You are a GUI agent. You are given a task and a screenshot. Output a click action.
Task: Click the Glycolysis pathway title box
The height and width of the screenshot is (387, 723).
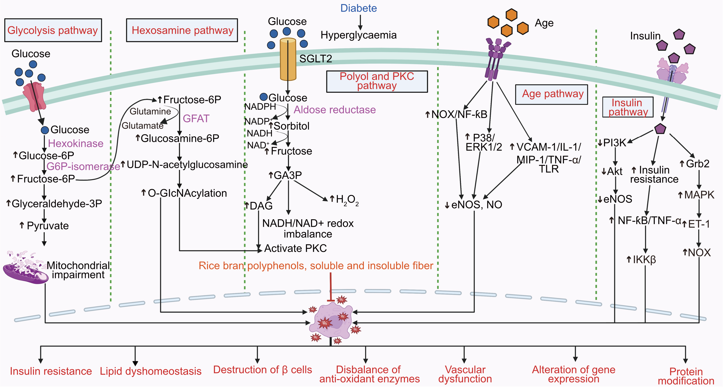click(53, 30)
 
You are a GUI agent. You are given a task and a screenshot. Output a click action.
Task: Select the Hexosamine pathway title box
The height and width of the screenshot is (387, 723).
click(182, 30)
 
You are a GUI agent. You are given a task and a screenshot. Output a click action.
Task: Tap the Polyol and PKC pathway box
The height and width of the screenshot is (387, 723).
click(377, 81)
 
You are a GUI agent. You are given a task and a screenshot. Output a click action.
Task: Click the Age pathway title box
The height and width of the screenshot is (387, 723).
click(552, 94)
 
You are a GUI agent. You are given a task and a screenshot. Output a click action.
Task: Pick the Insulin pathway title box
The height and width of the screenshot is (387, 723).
click(628, 107)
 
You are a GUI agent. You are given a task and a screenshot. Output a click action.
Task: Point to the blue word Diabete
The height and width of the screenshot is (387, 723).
click(359, 8)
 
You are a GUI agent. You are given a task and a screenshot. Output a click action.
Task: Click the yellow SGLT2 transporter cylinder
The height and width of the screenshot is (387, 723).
click(288, 59)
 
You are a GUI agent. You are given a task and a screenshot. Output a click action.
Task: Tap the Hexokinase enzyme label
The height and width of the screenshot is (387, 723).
click(75, 143)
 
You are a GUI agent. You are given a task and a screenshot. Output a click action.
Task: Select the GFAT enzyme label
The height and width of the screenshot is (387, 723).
click(196, 119)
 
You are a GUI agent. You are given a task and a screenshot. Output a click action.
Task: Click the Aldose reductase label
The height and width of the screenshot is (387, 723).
click(335, 110)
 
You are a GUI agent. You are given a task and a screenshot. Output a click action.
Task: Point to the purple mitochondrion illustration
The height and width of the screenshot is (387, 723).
click(25, 269)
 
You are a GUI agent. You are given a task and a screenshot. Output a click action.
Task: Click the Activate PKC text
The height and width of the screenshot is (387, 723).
click(295, 248)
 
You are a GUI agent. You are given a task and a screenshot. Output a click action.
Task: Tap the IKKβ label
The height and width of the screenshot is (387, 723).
click(644, 259)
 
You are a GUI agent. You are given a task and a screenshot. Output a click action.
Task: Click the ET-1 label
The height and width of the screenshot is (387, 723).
click(699, 224)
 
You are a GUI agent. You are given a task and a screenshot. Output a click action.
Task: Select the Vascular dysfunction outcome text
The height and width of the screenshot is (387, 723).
click(465, 374)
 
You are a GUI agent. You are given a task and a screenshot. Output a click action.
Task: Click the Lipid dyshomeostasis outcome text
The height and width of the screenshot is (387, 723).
click(151, 371)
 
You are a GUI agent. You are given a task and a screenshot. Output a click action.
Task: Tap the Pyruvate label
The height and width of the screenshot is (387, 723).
click(48, 226)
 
